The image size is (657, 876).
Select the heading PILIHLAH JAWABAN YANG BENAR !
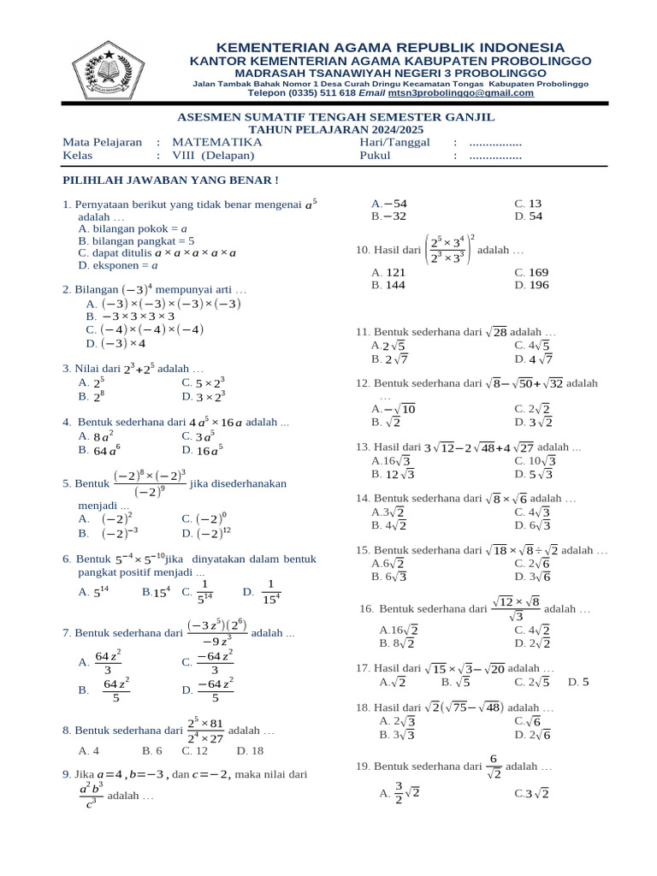(x=171, y=180)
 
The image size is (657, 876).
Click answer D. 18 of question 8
(x=250, y=750)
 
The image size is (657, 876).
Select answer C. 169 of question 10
(x=531, y=272)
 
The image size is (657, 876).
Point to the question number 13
(x=362, y=447)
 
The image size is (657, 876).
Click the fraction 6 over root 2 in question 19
(x=493, y=766)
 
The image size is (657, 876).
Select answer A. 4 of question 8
(x=89, y=750)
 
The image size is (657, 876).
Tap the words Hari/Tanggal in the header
(x=395, y=142)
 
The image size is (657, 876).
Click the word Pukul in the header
(x=375, y=156)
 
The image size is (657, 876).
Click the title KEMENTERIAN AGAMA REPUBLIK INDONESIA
(x=390, y=47)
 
